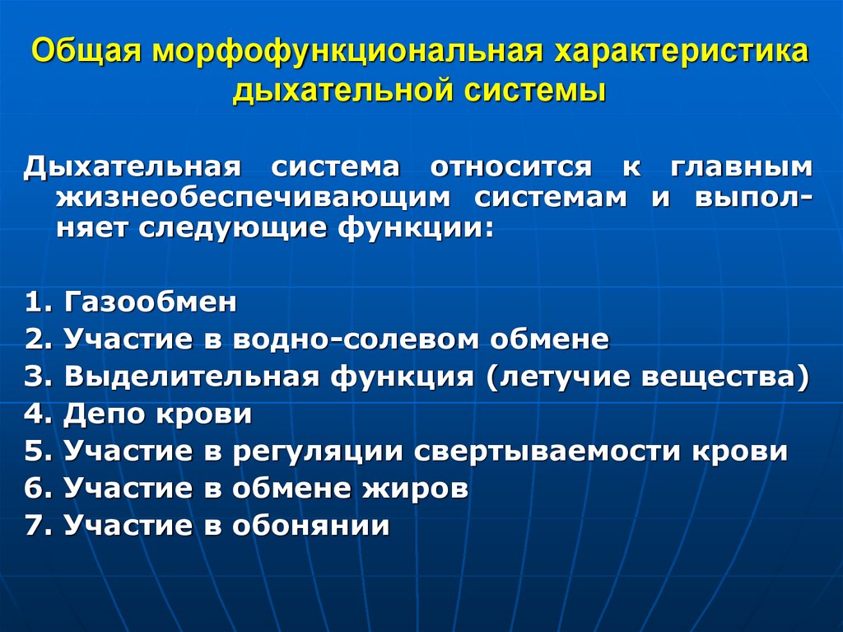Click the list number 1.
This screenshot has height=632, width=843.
point(33,302)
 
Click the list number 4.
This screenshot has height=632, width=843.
point(33,414)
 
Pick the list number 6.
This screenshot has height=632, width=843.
point(33,489)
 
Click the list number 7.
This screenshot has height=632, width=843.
point(33,526)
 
